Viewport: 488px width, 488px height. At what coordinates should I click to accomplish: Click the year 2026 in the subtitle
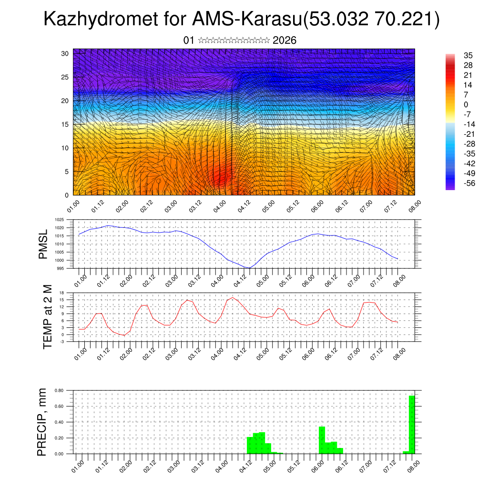pos(285,41)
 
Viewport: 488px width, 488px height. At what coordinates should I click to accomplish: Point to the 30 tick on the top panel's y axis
pos(64,53)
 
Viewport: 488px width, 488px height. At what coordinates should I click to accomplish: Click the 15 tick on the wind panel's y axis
pos(64,124)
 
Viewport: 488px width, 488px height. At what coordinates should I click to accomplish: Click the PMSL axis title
pos(43,244)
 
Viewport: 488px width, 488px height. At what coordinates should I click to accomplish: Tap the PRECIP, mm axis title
pos(43,422)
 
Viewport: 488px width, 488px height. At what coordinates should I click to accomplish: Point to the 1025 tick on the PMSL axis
pos(59,220)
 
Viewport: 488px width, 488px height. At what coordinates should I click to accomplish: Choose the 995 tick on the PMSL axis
pos(60,268)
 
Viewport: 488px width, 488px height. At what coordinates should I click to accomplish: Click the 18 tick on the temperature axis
pos(61,293)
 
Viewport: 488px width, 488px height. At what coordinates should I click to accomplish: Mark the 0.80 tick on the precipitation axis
pos(59,390)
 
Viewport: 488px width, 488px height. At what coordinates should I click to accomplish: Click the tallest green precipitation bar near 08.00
pos(412,424)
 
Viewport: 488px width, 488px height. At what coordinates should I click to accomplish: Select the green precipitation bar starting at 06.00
pos(322,440)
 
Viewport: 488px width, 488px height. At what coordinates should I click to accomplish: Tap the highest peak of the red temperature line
pos(232,298)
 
